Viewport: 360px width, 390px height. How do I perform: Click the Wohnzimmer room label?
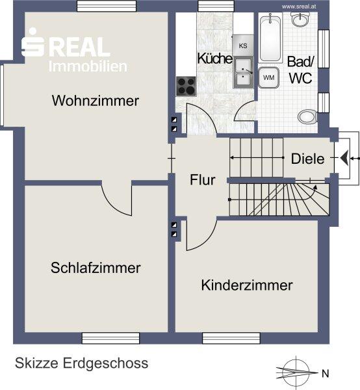(x=96, y=101)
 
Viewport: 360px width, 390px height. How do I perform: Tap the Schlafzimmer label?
(x=96, y=268)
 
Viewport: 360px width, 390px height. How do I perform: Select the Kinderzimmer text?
(x=247, y=285)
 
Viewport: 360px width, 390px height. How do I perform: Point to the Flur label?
(x=203, y=180)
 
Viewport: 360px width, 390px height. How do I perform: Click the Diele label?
(x=307, y=159)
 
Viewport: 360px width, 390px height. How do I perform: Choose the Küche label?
(x=215, y=58)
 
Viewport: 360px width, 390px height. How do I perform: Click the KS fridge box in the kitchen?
(x=243, y=45)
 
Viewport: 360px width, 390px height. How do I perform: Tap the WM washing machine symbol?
(x=268, y=77)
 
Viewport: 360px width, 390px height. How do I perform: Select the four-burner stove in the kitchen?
(x=186, y=86)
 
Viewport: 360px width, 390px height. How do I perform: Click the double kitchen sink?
(x=243, y=73)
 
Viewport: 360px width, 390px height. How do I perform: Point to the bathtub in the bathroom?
(x=270, y=38)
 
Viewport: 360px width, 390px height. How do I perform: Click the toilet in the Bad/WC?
(x=307, y=116)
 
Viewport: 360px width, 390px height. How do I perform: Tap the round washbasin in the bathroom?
(x=301, y=19)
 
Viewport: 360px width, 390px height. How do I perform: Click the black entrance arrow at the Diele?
(x=344, y=158)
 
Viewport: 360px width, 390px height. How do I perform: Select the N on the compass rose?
(x=325, y=373)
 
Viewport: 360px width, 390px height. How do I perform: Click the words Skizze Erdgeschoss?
(x=81, y=363)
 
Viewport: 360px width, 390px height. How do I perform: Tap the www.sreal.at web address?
(x=299, y=6)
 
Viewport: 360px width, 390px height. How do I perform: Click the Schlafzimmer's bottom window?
(x=110, y=338)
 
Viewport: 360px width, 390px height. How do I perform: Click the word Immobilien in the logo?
(x=88, y=66)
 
